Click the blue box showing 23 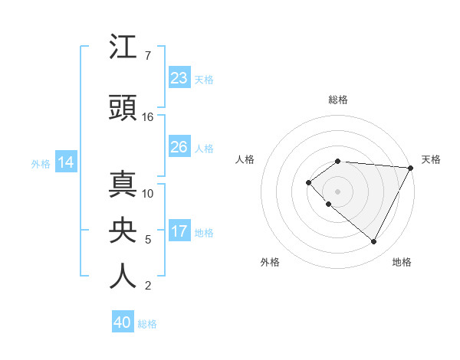179,78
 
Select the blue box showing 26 179,147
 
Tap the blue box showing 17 179,231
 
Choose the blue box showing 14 66,162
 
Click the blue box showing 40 123,322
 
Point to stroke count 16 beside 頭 148,117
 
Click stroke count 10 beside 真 148,194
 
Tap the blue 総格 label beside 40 147,324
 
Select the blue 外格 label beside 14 41,164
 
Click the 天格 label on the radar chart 431,159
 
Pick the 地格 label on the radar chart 402,262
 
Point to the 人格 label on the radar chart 245,159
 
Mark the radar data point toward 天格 410,168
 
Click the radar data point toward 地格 374,242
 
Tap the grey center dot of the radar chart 337,191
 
